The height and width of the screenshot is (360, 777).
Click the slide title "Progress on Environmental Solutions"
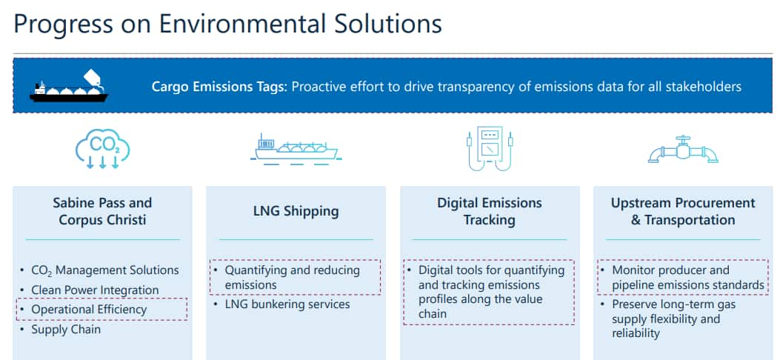[227, 24]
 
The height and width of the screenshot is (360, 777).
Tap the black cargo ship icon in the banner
[69, 86]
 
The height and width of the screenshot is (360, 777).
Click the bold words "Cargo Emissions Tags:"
[219, 87]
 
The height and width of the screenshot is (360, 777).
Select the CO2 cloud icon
[102, 148]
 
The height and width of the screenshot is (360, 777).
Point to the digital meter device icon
[490, 149]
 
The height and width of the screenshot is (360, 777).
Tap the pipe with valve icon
[684, 149]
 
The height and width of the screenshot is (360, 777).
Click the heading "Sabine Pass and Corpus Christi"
[102, 211]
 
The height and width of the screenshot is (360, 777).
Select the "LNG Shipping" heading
[296, 211]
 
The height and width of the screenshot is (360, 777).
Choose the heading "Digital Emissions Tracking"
[490, 211]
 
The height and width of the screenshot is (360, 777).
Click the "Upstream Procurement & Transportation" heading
[683, 211]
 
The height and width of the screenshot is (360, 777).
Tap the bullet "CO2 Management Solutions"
[104, 270]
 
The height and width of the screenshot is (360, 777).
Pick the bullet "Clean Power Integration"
[95, 290]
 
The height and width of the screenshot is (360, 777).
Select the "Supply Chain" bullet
[66, 329]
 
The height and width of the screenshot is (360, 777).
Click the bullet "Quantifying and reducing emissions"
[293, 278]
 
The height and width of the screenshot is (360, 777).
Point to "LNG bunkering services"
[287, 304]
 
